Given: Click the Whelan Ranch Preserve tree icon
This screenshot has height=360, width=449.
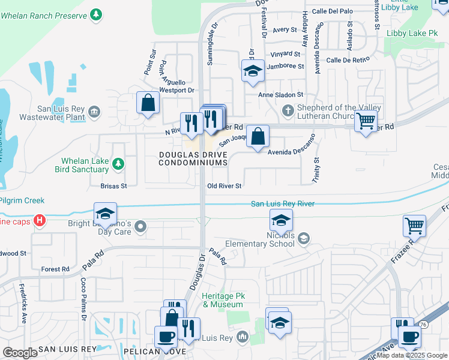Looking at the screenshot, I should [96, 13].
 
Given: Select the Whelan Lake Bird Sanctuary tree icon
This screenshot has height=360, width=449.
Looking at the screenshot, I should [118, 163].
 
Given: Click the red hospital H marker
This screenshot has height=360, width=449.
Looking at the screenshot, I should [40, 221].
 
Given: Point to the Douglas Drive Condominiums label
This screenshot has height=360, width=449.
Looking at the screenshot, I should [193, 158].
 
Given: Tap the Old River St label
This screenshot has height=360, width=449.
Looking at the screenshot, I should [224, 187].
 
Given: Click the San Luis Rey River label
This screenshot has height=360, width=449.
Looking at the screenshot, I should [282, 204].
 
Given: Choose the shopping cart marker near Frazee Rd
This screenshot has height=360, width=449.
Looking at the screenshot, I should [414, 226].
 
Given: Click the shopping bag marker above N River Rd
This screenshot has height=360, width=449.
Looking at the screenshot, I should [148, 103].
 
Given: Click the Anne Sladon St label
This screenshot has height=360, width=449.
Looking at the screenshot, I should [281, 95].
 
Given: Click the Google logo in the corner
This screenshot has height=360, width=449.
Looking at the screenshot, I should [20, 353].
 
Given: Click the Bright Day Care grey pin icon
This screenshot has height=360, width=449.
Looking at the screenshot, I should [140, 226].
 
